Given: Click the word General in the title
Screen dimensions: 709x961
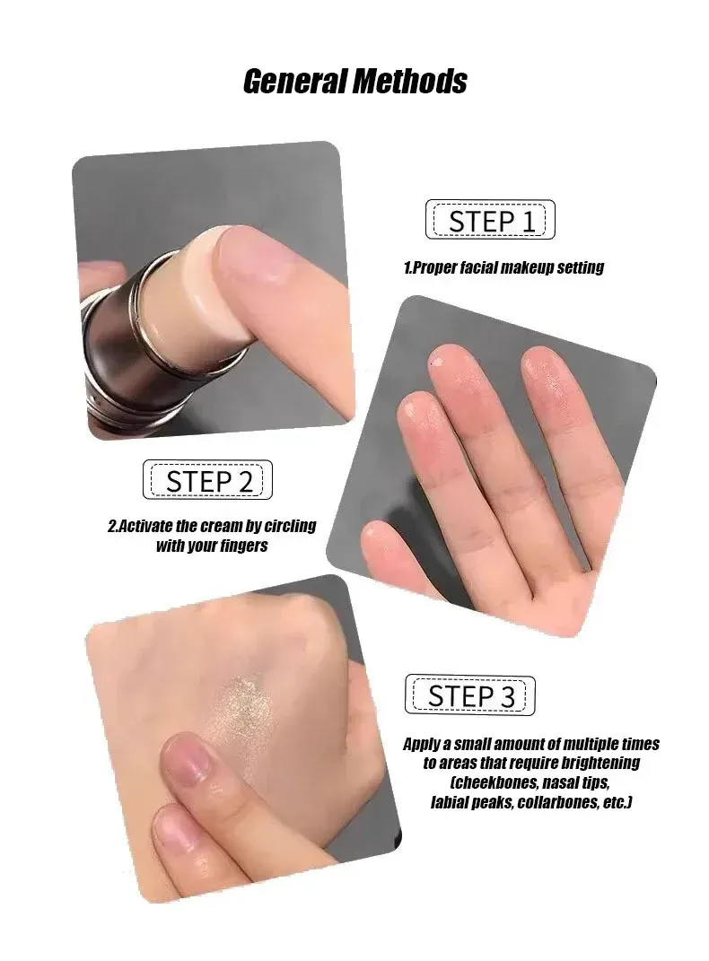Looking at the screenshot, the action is tap(295, 82).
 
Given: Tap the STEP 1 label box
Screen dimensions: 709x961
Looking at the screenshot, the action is tap(490, 220).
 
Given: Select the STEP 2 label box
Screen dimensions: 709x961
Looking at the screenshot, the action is tap(207, 480).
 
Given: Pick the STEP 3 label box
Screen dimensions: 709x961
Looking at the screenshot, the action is tap(469, 695).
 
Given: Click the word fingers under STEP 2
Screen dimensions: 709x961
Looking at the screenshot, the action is tap(243, 546).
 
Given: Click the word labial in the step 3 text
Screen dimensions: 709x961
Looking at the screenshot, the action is tap(450, 802).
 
